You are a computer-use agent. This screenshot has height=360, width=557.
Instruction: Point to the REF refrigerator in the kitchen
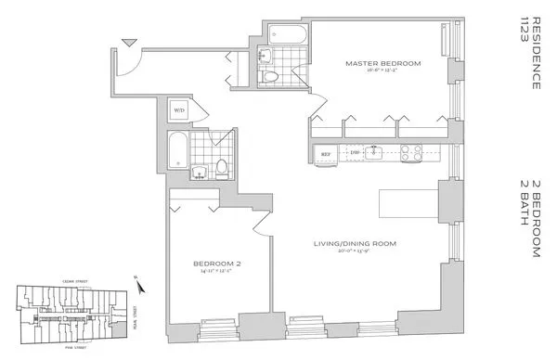coord(326,153)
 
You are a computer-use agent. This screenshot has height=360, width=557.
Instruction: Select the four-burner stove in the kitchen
coord(410,153)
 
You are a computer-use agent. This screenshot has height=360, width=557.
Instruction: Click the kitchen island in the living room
coord(408,199)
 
